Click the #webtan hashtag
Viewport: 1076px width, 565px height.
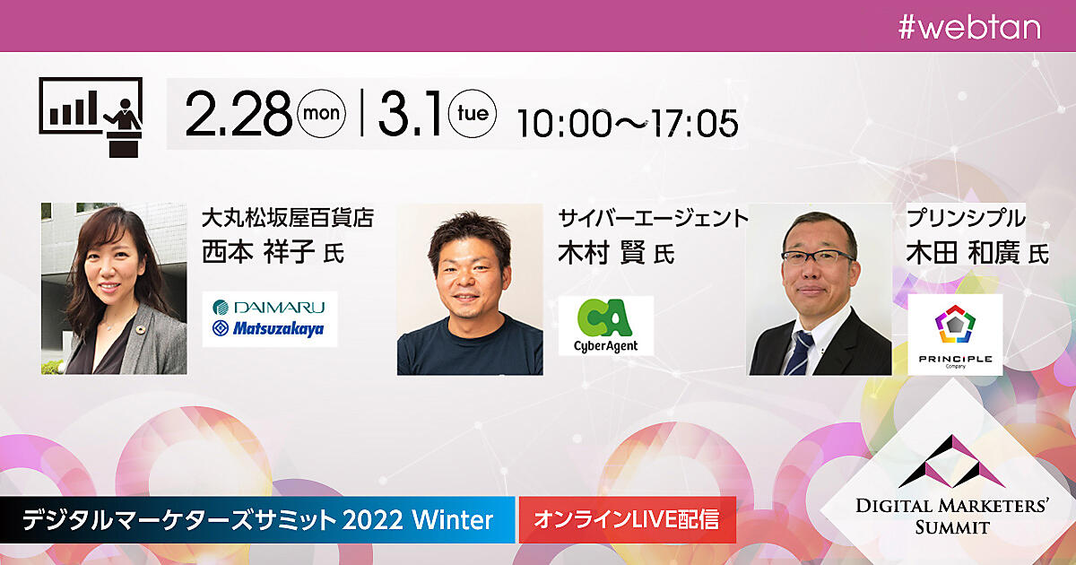[969, 28]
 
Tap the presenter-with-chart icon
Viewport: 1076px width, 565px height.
[91, 117]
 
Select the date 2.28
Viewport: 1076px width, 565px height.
[239, 115]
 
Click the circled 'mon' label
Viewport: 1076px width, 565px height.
[321, 113]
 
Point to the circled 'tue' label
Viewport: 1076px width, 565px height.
[473, 113]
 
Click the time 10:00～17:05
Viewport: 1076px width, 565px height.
[628, 124]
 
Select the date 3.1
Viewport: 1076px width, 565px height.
[409, 115]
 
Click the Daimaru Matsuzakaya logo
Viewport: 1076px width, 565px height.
[270, 318]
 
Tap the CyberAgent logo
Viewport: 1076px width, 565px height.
[606, 326]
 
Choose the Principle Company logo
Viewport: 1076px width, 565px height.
[955, 335]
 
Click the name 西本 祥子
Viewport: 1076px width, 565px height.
[258, 251]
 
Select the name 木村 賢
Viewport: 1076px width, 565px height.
[603, 252]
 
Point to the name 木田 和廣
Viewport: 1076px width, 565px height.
[963, 252]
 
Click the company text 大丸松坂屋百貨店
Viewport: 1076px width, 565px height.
[288, 218]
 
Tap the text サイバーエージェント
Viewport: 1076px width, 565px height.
[654, 218]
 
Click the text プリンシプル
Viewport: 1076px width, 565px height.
[966, 218]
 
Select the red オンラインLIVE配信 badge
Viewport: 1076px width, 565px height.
[628, 519]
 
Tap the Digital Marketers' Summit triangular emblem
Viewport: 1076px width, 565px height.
[951, 461]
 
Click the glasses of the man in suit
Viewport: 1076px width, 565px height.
[817, 257]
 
